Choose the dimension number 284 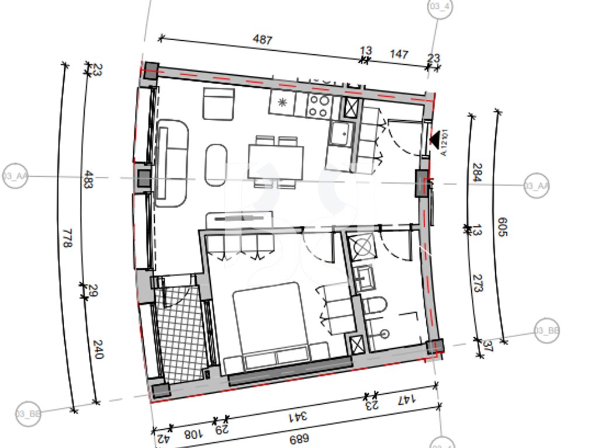[x=476, y=173]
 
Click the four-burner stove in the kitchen [x=319, y=106]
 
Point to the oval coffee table [x=215, y=165]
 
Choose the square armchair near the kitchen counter [x=218, y=103]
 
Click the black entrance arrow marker [x=434, y=139]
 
